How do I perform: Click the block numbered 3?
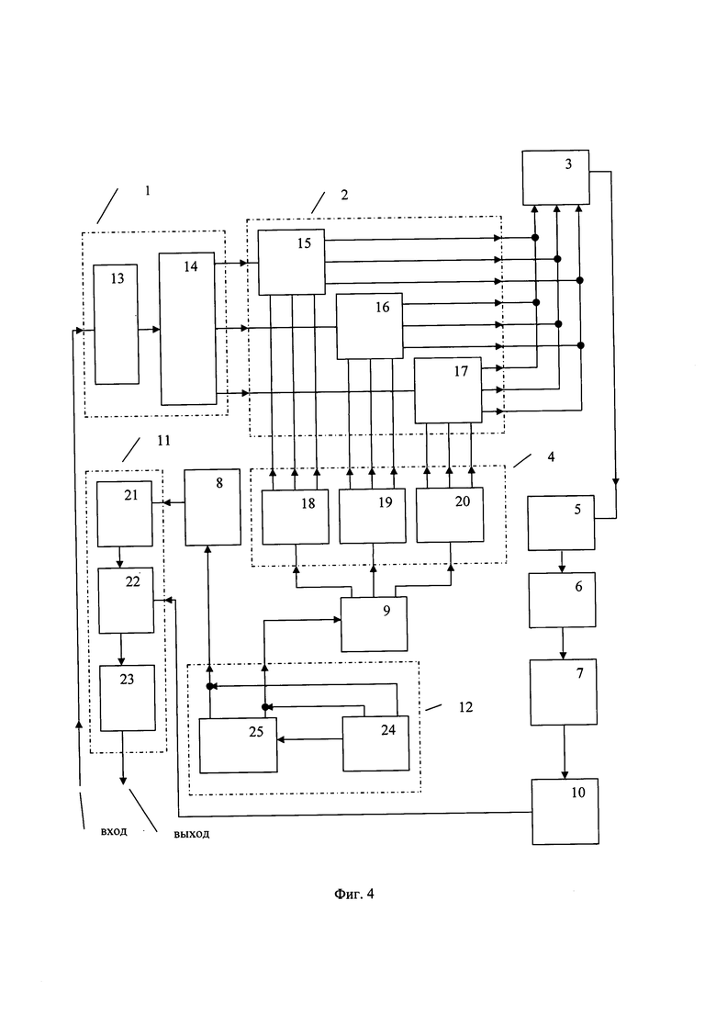555,177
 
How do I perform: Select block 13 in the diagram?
117,324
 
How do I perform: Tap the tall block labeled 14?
188,329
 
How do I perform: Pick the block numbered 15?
291,263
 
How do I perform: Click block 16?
369,326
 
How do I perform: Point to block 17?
448,390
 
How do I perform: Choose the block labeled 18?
295,517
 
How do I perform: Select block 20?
450,515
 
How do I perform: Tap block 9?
374,625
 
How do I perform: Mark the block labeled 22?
126,600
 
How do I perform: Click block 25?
239,746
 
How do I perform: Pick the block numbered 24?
375,744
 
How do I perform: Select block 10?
565,812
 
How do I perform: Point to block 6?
563,600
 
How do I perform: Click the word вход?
114,831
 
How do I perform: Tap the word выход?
192,834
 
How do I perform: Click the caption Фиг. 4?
353,895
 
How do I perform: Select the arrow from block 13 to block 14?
149,330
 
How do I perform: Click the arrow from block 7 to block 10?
565,752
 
